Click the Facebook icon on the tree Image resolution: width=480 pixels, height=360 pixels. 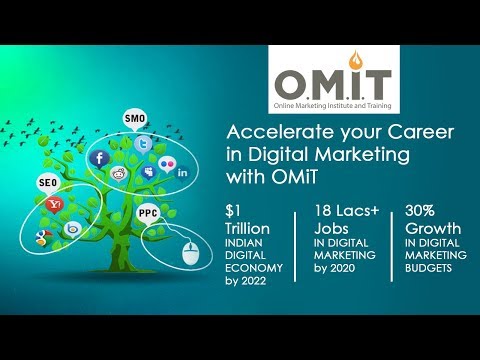(x=99, y=159)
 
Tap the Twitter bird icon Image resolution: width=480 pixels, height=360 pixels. (x=143, y=145)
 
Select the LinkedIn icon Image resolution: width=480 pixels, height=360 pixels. (x=182, y=173)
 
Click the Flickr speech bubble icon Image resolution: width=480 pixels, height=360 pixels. (x=167, y=164)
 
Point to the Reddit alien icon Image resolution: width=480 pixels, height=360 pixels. (x=119, y=174)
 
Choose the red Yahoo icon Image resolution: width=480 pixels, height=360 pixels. (x=55, y=205)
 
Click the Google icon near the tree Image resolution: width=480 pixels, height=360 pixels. (x=44, y=238)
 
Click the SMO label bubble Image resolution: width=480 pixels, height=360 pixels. (x=135, y=119)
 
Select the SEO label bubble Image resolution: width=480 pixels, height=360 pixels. (x=48, y=183)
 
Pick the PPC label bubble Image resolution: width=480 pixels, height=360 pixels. (x=148, y=213)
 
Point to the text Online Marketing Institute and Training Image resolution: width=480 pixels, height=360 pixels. (x=332, y=106)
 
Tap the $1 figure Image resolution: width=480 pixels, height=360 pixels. (x=233, y=211)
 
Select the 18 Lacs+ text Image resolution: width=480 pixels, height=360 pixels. (x=347, y=211)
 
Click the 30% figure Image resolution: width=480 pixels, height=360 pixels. (x=420, y=211)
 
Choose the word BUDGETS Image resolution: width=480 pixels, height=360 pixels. (x=428, y=268)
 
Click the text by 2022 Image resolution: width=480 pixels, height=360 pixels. (x=246, y=281)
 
